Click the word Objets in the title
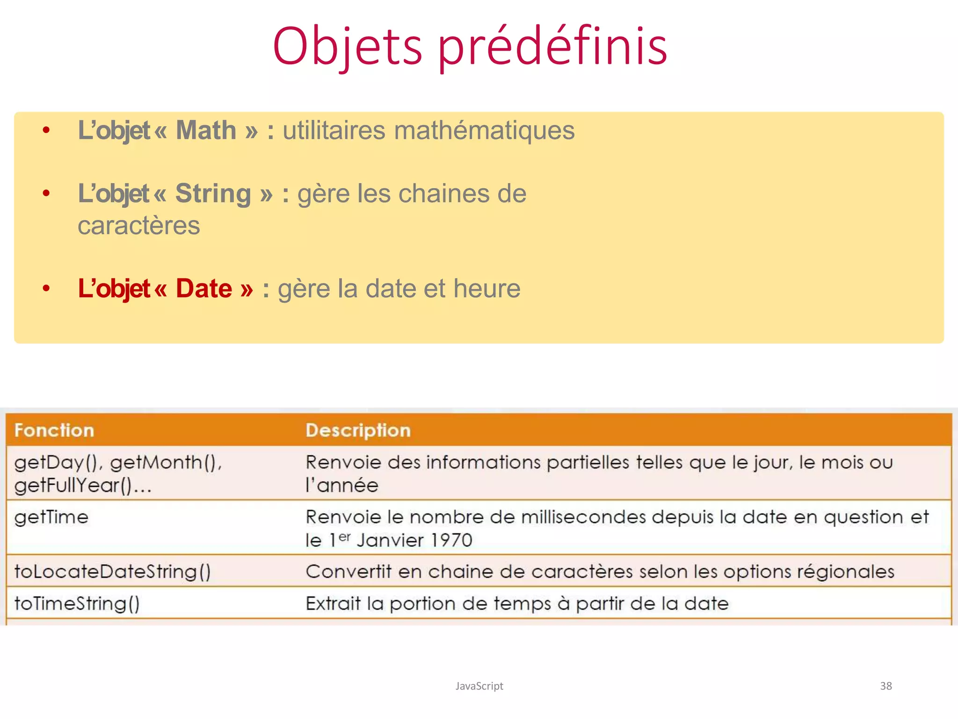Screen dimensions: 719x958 [x=348, y=47]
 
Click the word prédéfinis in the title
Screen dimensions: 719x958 [x=552, y=47]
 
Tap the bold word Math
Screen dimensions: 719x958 [x=206, y=130]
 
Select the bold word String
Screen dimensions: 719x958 [x=213, y=193]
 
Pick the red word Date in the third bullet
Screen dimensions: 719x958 [x=204, y=288]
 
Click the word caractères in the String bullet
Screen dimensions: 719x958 [x=139, y=226]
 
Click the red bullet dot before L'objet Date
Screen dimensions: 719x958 [x=46, y=288]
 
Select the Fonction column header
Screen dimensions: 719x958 [x=54, y=430]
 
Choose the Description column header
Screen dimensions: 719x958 [x=358, y=430]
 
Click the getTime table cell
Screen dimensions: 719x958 [x=51, y=517]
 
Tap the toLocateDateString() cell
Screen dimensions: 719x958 [x=112, y=572]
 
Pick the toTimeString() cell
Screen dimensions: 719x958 [x=77, y=603]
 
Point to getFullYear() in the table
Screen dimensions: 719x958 [x=73, y=485]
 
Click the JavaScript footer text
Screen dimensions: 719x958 [x=479, y=686]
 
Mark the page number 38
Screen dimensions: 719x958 [x=885, y=686]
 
